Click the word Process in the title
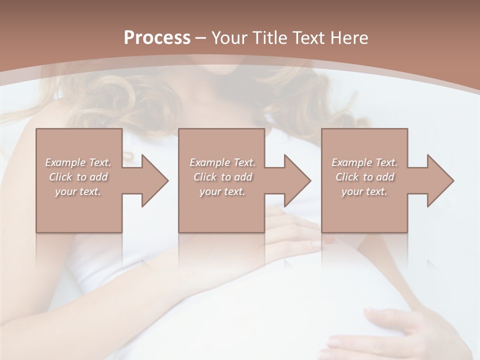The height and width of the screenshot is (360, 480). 157,38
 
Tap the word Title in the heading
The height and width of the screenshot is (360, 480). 269,38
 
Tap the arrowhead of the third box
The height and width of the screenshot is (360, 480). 439,180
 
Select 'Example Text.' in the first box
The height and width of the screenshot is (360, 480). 78,162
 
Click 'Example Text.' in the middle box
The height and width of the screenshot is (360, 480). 222,162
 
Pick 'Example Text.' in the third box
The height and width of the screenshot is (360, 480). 364,162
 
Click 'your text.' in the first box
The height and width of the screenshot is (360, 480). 78,191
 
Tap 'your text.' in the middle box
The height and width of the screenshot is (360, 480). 222,191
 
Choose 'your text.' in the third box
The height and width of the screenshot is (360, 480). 364,191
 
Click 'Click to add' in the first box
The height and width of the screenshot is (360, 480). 78,177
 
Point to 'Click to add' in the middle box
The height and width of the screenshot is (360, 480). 222,177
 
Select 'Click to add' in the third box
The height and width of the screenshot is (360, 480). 364,177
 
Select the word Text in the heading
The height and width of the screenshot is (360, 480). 308,38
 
